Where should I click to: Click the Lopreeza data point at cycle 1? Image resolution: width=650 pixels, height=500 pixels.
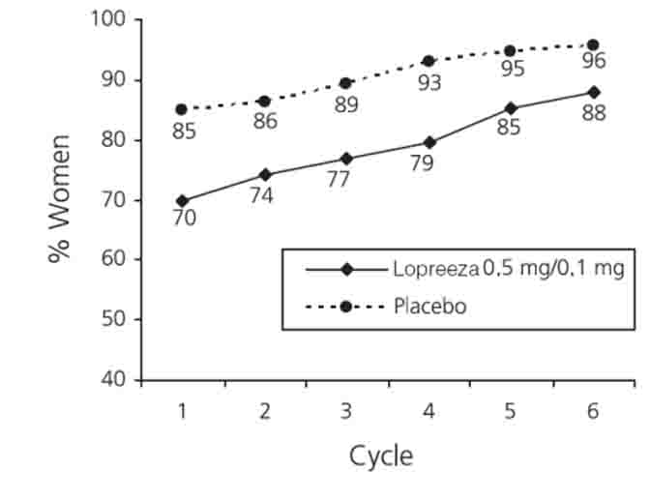(x=183, y=201)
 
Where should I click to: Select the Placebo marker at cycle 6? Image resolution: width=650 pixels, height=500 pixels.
(x=593, y=45)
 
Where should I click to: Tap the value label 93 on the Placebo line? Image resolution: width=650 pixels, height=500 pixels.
(x=429, y=83)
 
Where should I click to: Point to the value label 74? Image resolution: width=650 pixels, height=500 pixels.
(x=261, y=196)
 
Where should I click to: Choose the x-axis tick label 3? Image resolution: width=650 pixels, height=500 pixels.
(x=346, y=411)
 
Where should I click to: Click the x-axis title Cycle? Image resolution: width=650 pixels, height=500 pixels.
(x=381, y=456)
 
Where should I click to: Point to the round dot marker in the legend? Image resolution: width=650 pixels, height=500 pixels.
(x=345, y=307)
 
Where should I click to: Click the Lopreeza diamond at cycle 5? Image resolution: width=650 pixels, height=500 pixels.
(x=511, y=108)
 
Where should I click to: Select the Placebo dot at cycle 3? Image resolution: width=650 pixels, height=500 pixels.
(x=346, y=83)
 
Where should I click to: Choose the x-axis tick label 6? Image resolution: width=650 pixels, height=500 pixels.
(x=593, y=411)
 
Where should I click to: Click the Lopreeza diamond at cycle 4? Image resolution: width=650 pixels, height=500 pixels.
(x=428, y=142)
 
